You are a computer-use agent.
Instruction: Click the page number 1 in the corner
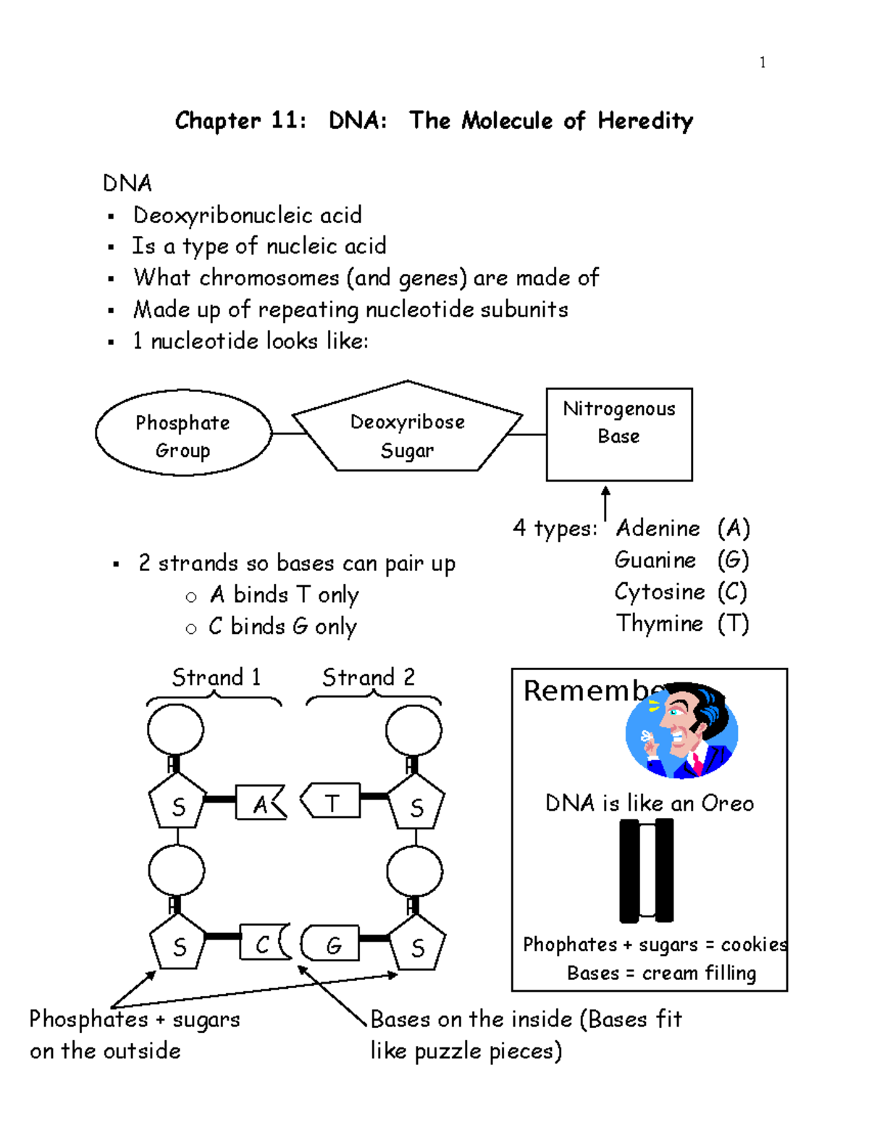pos(763,62)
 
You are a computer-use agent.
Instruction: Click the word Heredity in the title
pos(645,121)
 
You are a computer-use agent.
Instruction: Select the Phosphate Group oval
pos(183,434)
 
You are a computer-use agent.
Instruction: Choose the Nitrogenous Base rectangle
pos(619,434)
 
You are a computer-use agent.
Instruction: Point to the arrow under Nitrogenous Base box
pos(605,502)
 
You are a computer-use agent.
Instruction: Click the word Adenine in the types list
pos(658,528)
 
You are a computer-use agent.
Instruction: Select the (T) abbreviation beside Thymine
pos(733,624)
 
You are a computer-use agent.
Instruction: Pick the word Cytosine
pos(659,592)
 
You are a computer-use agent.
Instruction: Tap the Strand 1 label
pos(216,677)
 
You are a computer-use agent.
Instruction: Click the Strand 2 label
pos(369,677)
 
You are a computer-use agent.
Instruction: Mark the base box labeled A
pos(260,803)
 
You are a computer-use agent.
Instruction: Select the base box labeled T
pos(332,801)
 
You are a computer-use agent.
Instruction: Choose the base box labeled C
pos(263,943)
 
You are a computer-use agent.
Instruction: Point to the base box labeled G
pos(332,943)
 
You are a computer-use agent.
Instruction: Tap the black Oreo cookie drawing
pos(647,869)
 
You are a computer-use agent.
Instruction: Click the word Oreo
pos(727,803)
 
